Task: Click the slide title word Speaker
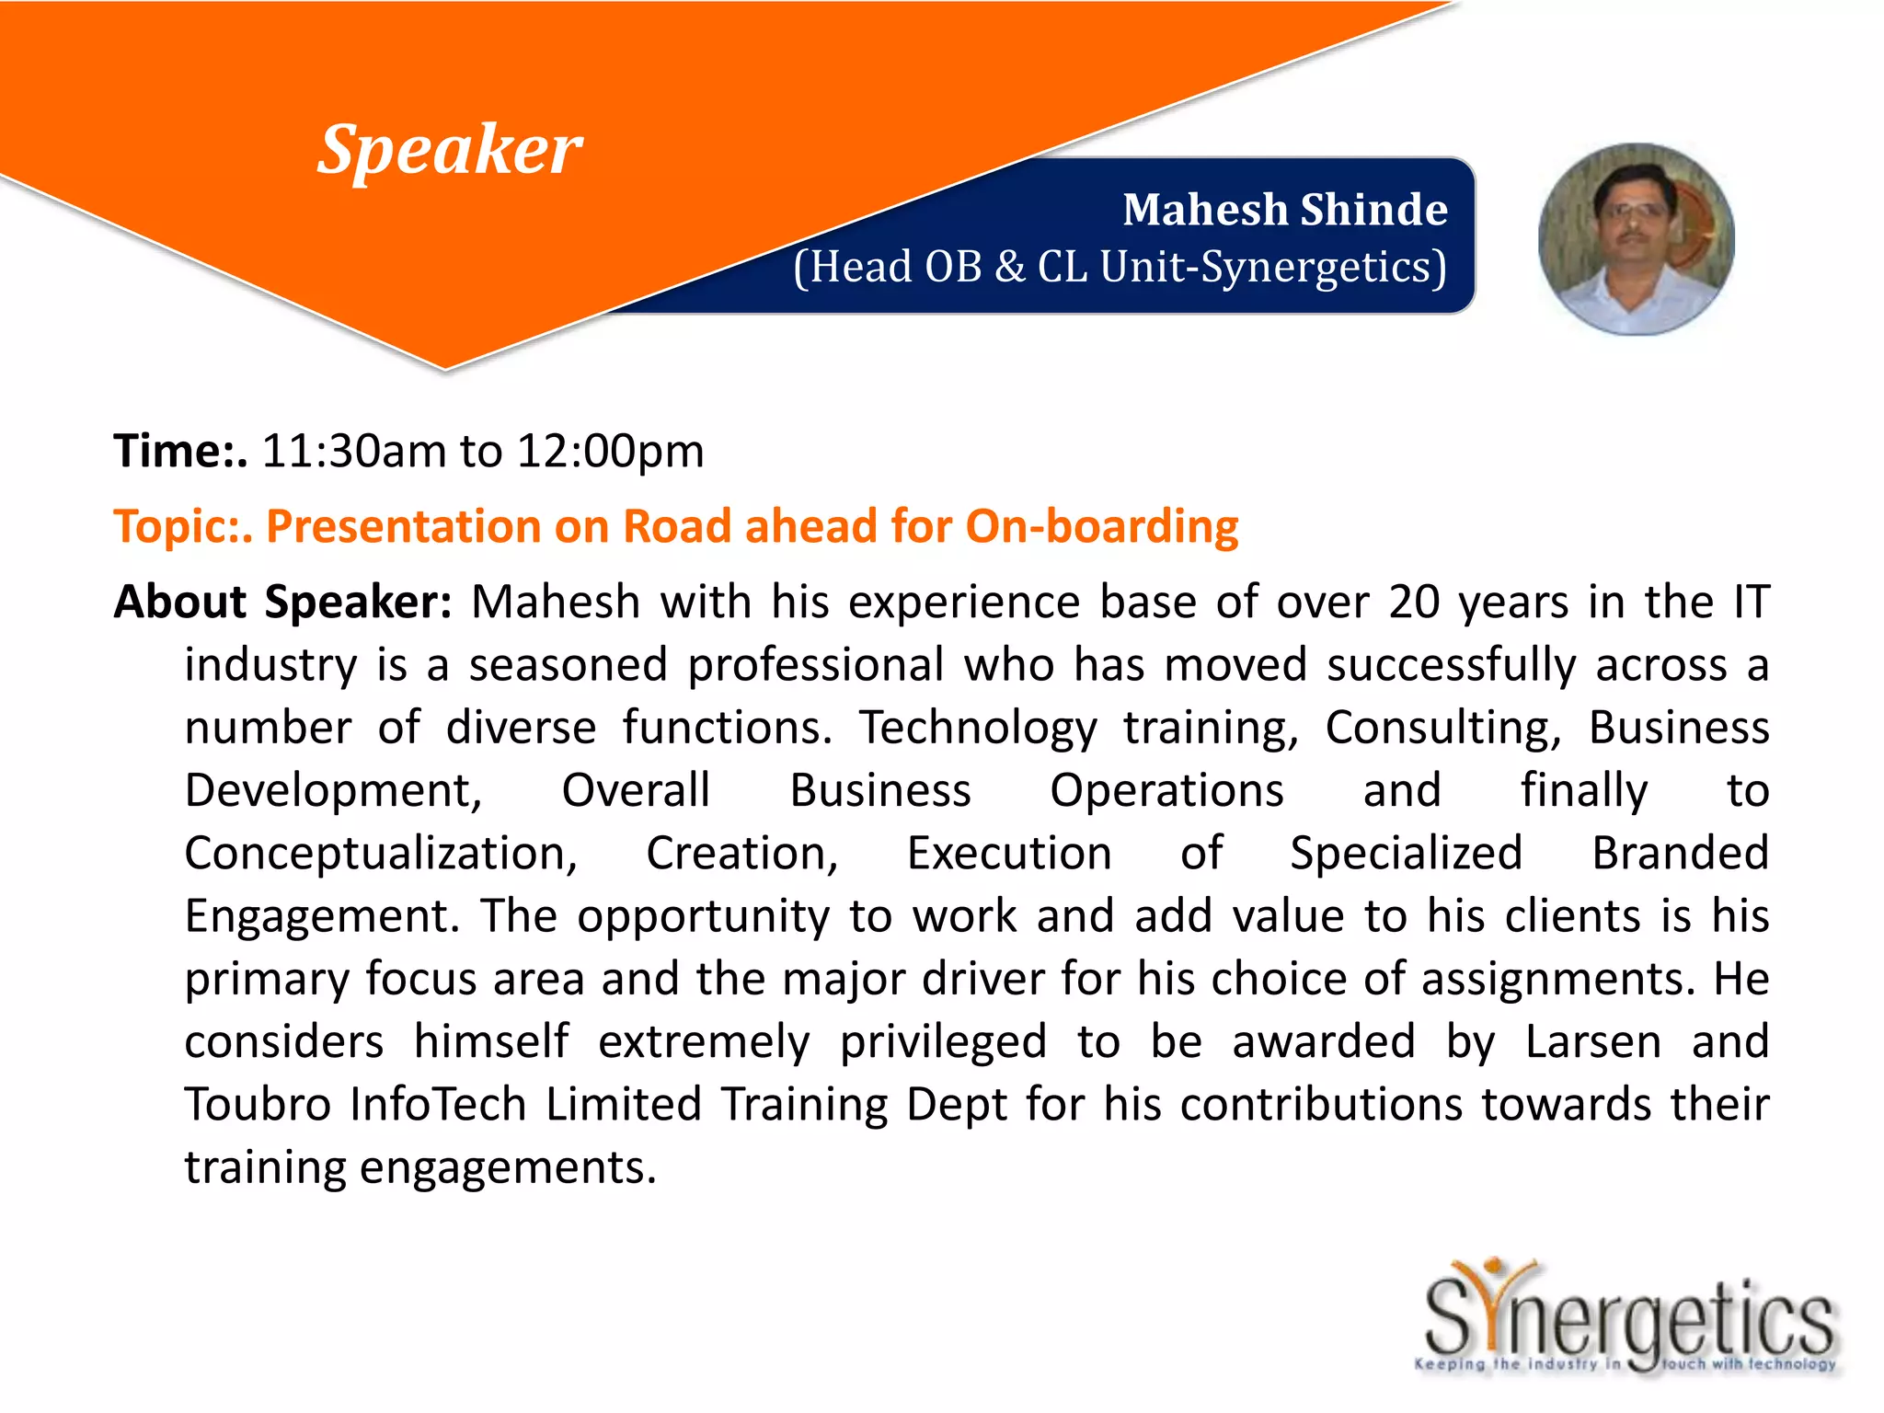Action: point(449,150)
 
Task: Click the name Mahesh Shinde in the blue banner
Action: point(1284,210)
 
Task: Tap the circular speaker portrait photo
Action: point(1636,239)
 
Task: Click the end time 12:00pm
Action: point(610,452)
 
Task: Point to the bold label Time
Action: point(175,452)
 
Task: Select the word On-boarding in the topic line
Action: point(1101,527)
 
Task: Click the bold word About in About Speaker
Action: point(180,603)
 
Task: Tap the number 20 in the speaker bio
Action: point(1413,603)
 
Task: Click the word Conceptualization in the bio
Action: point(380,854)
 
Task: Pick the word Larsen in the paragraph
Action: point(1592,1042)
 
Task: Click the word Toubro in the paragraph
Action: point(257,1105)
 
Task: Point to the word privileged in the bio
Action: point(943,1042)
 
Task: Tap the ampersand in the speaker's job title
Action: point(1009,267)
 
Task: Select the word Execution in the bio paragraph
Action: point(1009,854)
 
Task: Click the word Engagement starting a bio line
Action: point(322,916)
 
